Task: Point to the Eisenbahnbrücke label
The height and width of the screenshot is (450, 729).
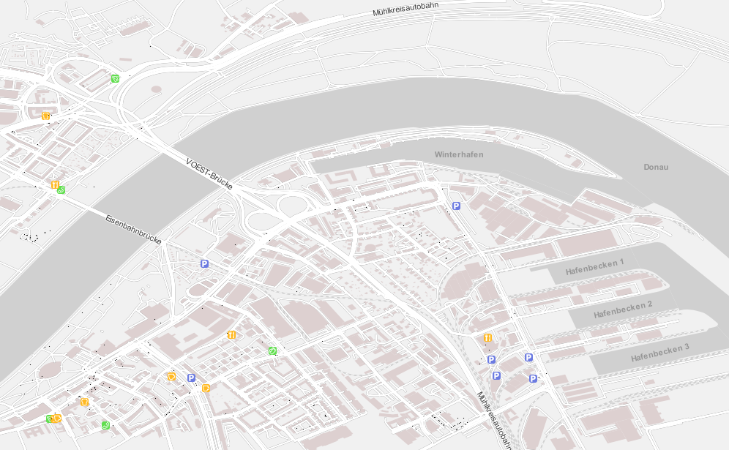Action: (132, 229)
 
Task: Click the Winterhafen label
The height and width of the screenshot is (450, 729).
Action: (458, 154)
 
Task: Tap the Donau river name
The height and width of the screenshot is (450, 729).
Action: (656, 167)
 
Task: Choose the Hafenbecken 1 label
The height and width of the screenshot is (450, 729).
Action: (594, 267)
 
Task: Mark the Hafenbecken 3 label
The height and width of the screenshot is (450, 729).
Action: (659, 353)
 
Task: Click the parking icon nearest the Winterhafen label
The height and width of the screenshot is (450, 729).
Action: (456, 206)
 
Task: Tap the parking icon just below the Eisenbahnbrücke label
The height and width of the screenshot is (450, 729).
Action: (204, 263)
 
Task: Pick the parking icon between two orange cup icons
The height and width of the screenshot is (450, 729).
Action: (192, 378)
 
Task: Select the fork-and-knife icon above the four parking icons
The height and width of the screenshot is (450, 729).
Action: (487, 338)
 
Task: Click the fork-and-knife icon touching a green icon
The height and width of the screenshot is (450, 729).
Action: (55, 185)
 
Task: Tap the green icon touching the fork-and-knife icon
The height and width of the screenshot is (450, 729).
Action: (61, 190)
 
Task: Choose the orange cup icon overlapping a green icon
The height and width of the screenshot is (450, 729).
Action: (56, 419)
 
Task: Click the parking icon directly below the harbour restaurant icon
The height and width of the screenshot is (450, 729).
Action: (491, 359)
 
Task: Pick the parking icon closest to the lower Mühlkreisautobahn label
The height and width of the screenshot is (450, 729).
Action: (496, 375)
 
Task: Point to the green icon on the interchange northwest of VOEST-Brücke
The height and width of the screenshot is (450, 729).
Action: (115, 78)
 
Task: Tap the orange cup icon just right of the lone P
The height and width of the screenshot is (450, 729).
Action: (206, 388)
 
